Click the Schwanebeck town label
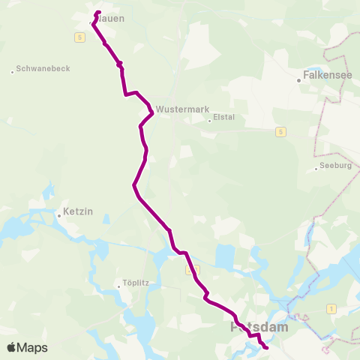coord(43,68)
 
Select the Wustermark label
coord(183,109)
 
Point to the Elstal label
coord(223,117)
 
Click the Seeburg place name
coord(334,166)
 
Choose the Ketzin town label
coord(78,212)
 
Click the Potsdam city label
coord(259,328)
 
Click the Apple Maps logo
coord(27,347)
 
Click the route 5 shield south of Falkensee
coord(280,132)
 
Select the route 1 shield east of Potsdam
coord(330,308)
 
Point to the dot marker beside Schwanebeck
coord(13,72)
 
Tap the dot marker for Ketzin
coord(58,216)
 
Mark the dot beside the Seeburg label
coord(316,169)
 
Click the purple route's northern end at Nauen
coord(98,12)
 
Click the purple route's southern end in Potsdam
coord(267,348)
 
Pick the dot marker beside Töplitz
coord(118,285)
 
